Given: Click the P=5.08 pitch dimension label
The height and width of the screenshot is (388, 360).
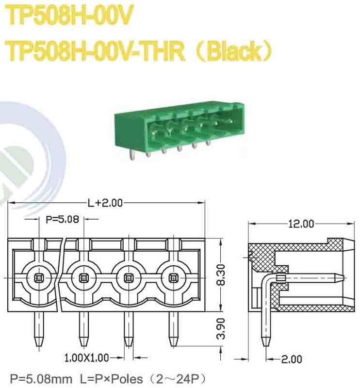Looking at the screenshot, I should click(x=62, y=219).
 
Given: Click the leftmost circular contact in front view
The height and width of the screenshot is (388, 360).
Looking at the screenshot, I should click(x=38, y=277).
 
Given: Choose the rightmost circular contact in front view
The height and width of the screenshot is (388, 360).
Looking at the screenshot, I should click(x=173, y=277).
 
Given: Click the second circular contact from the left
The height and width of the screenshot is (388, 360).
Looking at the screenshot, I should click(x=83, y=277).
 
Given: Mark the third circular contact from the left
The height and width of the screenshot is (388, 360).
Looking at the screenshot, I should click(x=129, y=277).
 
